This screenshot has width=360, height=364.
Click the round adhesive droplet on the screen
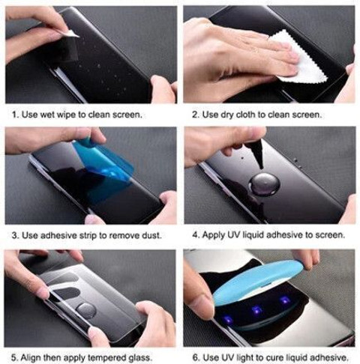(x=264, y=184)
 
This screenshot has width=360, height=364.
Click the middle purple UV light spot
(x=256, y=310)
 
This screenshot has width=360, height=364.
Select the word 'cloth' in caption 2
(x=246, y=115)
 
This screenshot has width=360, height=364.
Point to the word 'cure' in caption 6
(x=274, y=358)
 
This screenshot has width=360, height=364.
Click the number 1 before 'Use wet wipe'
(x=15, y=115)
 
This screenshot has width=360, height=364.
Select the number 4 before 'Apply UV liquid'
(x=196, y=235)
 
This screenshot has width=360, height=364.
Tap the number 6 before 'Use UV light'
(x=196, y=358)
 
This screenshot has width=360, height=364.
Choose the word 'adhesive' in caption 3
(x=58, y=235)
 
